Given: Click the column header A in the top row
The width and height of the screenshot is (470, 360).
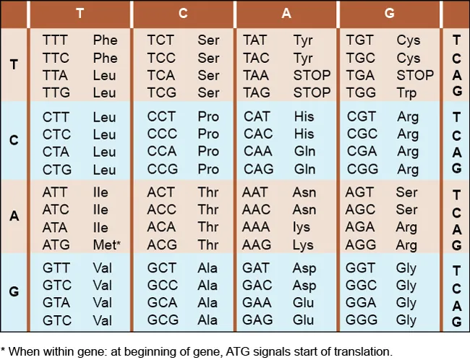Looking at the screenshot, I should click(x=286, y=14).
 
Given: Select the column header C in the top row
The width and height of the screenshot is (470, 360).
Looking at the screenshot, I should click(x=183, y=14).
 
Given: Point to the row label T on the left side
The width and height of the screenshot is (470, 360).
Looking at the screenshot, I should click(x=14, y=66).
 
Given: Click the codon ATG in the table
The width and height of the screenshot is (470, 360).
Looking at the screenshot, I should click(x=56, y=245).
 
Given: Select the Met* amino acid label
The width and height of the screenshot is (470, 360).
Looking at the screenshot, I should click(x=107, y=245).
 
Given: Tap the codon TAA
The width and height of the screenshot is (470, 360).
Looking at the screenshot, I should click(x=257, y=75).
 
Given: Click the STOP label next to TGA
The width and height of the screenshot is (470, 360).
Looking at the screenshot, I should click(x=415, y=75).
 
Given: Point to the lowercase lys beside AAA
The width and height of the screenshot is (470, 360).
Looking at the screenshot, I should click(x=302, y=228).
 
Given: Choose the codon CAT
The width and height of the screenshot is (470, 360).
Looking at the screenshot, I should click(x=257, y=116).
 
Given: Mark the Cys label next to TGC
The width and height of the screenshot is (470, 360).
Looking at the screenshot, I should click(x=408, y=58).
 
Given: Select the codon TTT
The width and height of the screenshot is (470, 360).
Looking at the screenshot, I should click(x=56, y=40).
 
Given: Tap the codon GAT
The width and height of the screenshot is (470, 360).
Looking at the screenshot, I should click(x=257, y=268).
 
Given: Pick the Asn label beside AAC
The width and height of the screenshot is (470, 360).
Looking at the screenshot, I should click(x=304, y=210).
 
